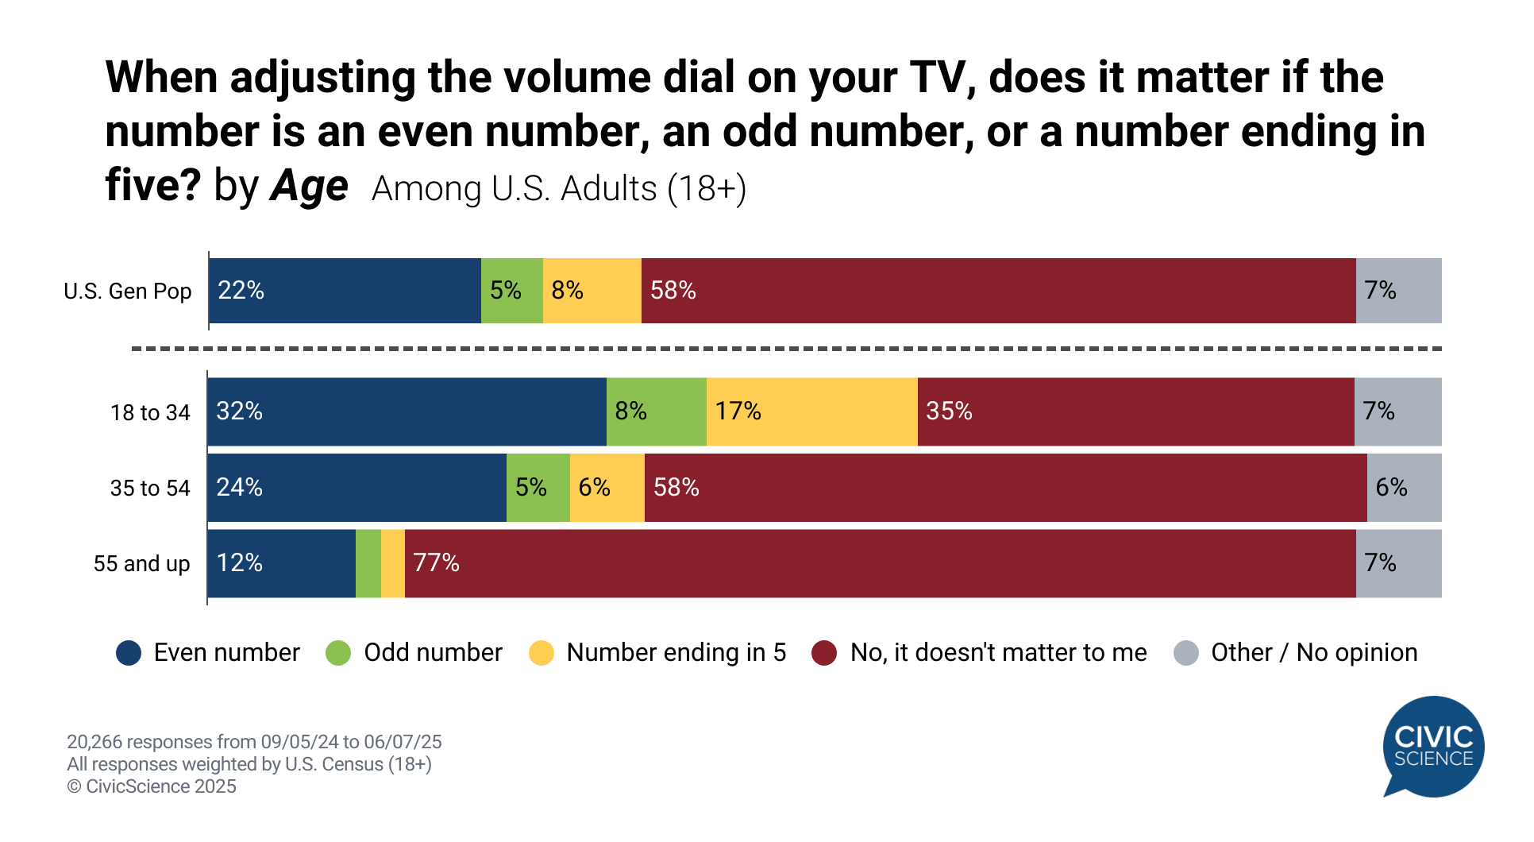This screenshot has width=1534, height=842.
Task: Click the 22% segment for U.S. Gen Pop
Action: click(345, 291)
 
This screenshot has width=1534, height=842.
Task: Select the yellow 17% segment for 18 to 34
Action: click(811, 411)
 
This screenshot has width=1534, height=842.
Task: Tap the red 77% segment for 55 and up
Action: click(880, 563)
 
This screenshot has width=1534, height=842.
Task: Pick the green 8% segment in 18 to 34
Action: click(656, 411)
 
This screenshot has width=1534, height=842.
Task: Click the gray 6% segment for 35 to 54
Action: click(1404, 488)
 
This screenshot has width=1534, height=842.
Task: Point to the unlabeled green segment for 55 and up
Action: click(368, 563)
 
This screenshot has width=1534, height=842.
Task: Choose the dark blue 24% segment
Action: click(357, 488)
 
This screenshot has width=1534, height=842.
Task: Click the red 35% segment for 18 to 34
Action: click(1135, 411)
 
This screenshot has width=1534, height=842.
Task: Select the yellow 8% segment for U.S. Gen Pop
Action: click(592, 291)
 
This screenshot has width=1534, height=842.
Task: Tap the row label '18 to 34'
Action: click(150, 413)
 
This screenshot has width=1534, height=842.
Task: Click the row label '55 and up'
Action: click(141, 564)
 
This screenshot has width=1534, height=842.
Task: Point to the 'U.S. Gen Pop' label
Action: click(128, 292)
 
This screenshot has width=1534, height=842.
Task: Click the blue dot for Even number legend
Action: click(129, 653)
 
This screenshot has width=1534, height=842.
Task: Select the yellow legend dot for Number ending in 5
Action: click(542, 653)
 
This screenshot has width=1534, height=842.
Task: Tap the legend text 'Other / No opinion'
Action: click(1313, 653)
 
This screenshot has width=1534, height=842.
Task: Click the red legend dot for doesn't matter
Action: click(824, 653)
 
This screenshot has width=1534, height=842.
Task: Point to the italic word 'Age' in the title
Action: click(309, 187)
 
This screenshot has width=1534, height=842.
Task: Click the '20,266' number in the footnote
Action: click(94, 742)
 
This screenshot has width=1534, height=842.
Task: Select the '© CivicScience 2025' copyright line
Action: click(152, 786)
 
